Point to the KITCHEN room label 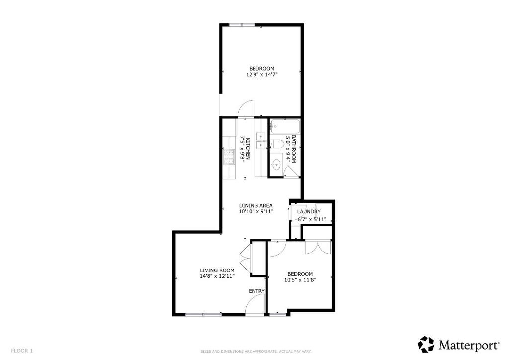coord(247,149)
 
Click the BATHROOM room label coord(294,149)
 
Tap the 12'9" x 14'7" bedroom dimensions coord(261,74)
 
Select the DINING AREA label coord(255,205)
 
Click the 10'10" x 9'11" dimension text coord(255,211)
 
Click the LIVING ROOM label coord(217,270)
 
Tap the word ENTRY coord(257,291)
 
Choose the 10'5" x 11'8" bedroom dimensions coord(300,280)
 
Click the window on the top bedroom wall coord(242,24)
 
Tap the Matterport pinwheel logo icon coord(426,344)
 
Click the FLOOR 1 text coord(22,351)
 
